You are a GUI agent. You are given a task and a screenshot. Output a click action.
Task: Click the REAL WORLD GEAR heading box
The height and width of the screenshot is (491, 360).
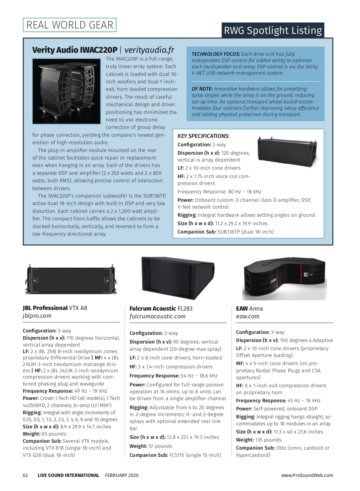[70, 25]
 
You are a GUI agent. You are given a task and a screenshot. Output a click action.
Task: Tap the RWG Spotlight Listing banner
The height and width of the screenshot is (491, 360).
[273, 30]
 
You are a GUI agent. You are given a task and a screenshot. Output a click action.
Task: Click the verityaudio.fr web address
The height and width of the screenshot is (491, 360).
[149, 50]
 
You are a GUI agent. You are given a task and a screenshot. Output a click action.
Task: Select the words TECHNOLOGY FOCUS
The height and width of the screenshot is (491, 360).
[216, 54]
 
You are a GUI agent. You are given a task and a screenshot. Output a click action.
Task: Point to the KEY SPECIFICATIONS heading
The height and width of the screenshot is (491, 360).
[203, 136]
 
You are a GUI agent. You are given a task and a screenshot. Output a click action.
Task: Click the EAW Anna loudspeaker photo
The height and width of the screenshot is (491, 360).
[284, 278]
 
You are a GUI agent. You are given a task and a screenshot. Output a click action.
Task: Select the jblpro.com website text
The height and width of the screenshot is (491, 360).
[37, 316]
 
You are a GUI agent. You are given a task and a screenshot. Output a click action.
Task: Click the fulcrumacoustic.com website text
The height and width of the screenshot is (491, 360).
[157, 316]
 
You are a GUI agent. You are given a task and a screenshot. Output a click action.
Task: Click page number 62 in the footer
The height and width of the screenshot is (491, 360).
[25, 475]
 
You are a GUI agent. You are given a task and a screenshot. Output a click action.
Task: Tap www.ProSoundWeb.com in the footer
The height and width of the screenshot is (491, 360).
[307, 475]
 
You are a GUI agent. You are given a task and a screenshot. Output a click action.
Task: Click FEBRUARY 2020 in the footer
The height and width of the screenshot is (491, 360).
[122, 475]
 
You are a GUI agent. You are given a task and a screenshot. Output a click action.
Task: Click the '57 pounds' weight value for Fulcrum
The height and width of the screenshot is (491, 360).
[160, 446]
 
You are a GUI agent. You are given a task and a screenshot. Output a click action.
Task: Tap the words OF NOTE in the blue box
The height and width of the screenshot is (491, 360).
[202, 89]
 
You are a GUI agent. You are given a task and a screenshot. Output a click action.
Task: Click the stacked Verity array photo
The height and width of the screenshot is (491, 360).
[66, 91]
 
